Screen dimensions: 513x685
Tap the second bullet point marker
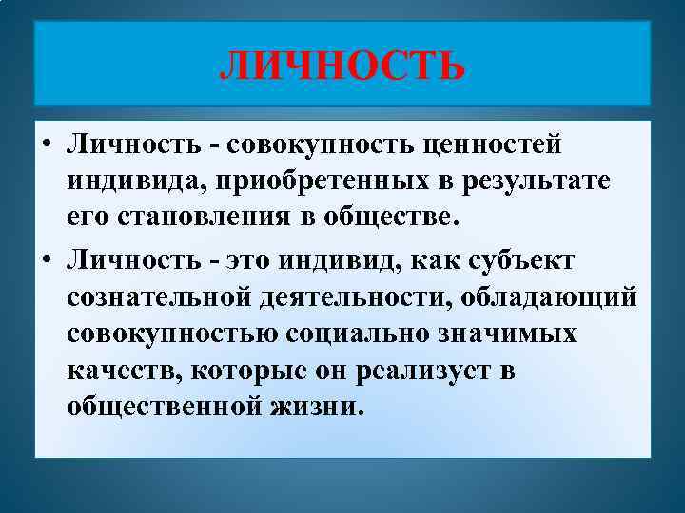point(46,261)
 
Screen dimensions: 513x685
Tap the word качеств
point(119,370)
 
